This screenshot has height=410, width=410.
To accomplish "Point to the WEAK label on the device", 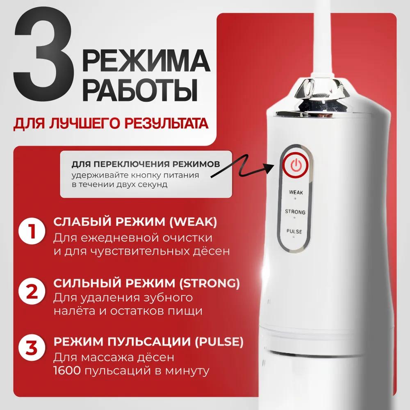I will pyautogui.click(x=296, y=192).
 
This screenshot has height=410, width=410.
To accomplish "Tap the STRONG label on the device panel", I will pyautogui.click(x=296, y=212).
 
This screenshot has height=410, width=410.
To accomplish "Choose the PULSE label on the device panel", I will pyautogui.click(x=296, y=232).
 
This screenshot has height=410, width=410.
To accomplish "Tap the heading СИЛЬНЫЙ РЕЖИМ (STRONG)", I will pyautogui.click(x=146, y=283).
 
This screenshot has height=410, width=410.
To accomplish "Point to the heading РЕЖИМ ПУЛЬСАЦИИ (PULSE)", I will pyautogui.click(x=148, y=342).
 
